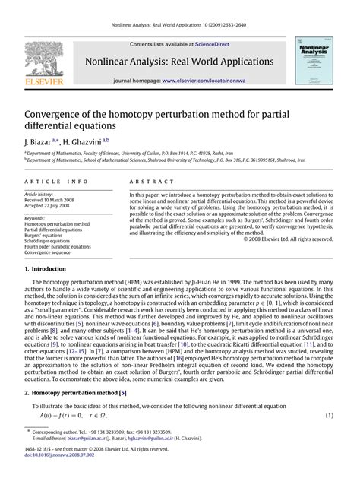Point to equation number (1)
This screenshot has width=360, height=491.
pyautogui.click(x=330, y=416)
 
